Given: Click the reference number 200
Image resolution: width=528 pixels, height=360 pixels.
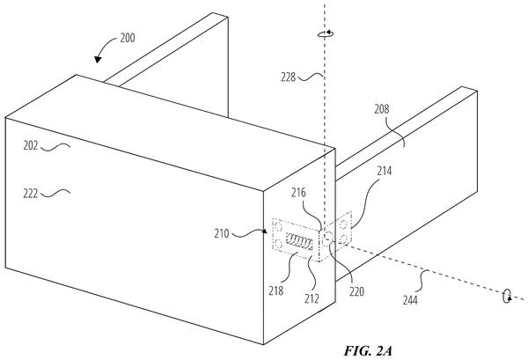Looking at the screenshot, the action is (x=128, y=38).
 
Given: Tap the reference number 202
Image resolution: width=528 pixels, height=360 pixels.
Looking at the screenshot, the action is (x=31, y=146).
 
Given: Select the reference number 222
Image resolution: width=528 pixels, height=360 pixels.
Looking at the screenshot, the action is (x=31, y=194).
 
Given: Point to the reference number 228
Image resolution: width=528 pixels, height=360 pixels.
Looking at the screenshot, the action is (x=289, y=77).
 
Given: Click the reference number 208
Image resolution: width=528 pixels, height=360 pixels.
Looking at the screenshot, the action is (x=382, y=109).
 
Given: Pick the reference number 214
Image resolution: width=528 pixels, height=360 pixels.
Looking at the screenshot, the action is (x=385, y=171).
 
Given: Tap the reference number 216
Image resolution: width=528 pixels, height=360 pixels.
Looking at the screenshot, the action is (x=298, y=193).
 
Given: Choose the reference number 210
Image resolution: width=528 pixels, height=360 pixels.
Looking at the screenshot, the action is (x=222, y=233).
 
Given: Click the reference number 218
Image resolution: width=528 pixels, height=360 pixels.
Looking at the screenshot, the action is (x=275, y=290).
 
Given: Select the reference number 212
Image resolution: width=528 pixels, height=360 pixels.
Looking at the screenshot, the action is (x=312, y=298).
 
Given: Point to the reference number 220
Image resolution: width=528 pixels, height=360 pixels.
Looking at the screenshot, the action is (x=356, y=291).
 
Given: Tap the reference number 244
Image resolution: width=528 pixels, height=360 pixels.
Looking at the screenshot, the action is (x=410, y=300).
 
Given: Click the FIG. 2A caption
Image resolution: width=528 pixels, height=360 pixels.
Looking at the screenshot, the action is (x=368, y=351).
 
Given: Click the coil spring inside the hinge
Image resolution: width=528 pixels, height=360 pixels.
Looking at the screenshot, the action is (x=299, y=241).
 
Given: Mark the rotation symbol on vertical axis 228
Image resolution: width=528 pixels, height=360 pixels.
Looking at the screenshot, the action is (x=326, y=33).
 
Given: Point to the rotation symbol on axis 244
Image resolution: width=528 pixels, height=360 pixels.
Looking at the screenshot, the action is (x=507, y=296).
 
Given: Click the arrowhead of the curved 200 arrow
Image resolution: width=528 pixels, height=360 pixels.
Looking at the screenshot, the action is (x=98, y=59).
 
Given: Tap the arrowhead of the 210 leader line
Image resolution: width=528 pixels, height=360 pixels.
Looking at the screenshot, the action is (x=265, y=231).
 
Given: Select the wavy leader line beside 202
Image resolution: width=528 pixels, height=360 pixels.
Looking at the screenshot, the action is (x=55, y=146).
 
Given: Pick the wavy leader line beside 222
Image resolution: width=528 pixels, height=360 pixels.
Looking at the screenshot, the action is (x=55, y=193).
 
